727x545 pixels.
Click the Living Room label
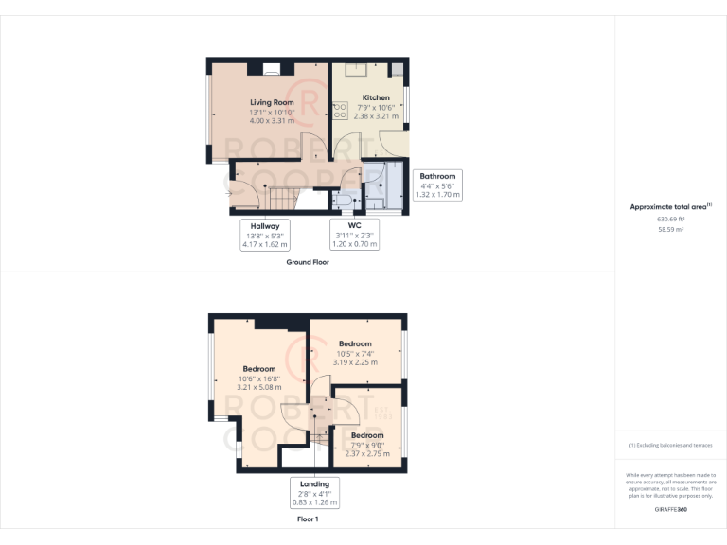click(x=272, y=102)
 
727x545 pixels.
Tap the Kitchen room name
click(x=376, y=97)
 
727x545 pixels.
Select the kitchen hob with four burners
click(x=339, y=111)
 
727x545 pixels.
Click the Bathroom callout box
click(x=437, y=185)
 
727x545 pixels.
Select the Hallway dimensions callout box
click(x=264, y=235)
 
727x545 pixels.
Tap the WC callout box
click(x=355, y=235)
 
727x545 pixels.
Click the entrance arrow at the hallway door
click(x=228, y=194)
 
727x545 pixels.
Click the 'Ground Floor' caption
click(x=308, y=262)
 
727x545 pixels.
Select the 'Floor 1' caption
click(x=308, y=519)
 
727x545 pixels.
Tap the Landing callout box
click(x=314, y=494)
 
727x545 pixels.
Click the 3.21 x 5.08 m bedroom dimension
click(x=259, y=387)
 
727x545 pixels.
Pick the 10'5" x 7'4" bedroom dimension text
click(x=355, y=353)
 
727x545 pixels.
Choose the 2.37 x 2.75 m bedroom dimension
click(x=367, y=454)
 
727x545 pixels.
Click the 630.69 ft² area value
click(x=669, y=220)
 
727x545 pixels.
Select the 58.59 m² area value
click(x=669, y=229)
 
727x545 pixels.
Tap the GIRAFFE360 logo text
click(x=669, y=510)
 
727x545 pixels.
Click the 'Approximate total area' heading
click(x=669, y=206)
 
